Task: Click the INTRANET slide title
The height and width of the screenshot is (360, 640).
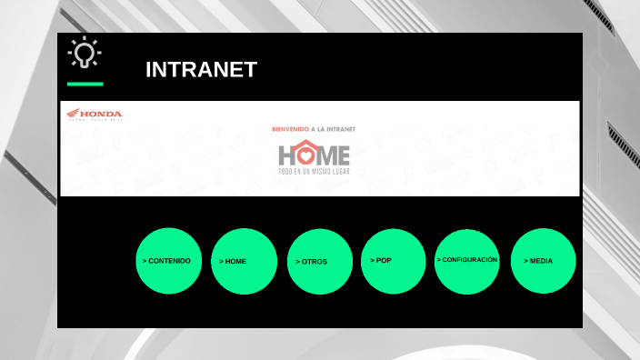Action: click(x=201, y=70)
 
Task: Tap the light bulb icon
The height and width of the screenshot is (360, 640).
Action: click(x=85, y=55)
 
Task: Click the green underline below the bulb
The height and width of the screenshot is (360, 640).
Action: click(x=85, y=84)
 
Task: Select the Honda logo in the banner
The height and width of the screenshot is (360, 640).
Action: click(x=94, y=115)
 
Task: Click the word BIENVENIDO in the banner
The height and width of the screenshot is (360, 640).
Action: click(x=290, y=129)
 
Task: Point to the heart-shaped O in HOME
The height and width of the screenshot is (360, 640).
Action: click(x=305, y=153)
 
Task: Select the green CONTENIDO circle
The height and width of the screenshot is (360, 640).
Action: click(x=168, y=261)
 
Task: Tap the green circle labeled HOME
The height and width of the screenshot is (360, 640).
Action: click(x=244, y=261)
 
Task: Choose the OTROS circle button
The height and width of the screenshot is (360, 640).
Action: click(x=320, y=261)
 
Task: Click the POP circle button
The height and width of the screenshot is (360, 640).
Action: click(x=394, y=261)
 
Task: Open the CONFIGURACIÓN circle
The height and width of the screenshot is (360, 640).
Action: click(x=467, y=261)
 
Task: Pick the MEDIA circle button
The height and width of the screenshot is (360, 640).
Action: click(x=544, y=261)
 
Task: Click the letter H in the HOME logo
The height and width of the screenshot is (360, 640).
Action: click(x=286, y=154)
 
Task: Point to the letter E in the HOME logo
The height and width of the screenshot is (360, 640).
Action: click(x=342, y=154)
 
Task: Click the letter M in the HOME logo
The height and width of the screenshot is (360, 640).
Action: click(x=325, y=154)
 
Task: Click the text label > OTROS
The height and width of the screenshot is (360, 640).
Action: click(x=311, y=262)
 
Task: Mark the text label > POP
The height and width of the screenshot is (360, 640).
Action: click(x=381, y=260)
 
